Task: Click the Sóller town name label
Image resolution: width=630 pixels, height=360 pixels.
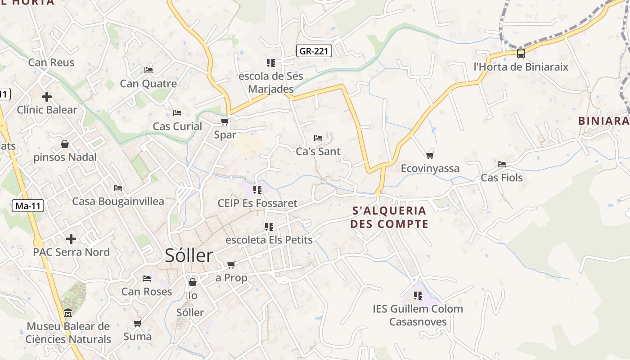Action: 189,256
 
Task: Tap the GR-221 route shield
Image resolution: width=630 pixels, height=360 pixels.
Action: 315,51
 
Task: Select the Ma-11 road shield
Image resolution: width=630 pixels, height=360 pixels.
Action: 28,206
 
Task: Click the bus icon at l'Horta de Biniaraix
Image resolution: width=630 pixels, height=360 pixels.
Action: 521,54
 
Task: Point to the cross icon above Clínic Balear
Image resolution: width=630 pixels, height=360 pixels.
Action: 47,97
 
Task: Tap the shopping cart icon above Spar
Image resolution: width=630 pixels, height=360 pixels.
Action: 225,121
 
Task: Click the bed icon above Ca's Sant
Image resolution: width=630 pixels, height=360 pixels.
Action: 318,138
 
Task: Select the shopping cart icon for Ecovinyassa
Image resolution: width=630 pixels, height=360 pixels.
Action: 430,155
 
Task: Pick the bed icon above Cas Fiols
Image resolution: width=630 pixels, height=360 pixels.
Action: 502,164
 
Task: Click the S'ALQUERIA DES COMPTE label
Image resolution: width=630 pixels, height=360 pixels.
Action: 389,217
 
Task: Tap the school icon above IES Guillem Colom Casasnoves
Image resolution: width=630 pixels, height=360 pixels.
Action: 418,296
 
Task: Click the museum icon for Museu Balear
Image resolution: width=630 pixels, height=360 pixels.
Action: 68,313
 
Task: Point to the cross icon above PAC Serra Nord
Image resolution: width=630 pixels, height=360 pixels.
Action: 71,239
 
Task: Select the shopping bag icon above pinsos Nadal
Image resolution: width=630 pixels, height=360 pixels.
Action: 65,144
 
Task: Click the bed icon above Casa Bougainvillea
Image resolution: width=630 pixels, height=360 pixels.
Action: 118,188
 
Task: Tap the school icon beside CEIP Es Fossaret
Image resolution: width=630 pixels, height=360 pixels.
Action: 257,190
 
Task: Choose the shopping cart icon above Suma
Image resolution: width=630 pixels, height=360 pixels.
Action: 137,323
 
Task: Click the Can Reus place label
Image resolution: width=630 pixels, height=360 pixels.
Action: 51,63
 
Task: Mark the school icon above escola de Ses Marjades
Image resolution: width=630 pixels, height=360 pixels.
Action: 270,63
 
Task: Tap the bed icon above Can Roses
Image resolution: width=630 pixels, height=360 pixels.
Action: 147,279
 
